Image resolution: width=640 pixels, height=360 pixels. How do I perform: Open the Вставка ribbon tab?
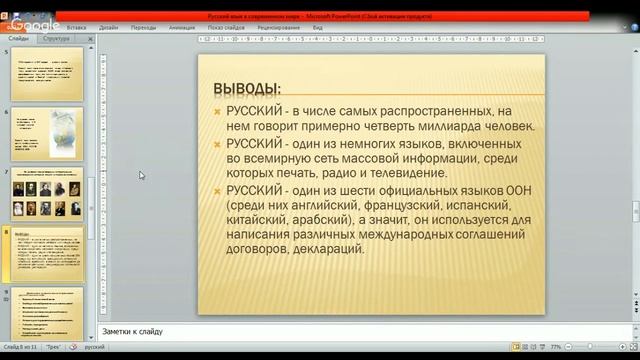click(x=75, y=28)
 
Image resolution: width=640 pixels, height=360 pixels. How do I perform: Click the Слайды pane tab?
click(x=19, y=37)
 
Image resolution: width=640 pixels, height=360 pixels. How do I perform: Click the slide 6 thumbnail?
click(x=47, y=133)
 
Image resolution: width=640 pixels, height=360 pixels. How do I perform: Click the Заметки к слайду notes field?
click(x=360, y=332)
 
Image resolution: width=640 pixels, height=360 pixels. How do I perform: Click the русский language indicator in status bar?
click(x=94, y=346)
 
